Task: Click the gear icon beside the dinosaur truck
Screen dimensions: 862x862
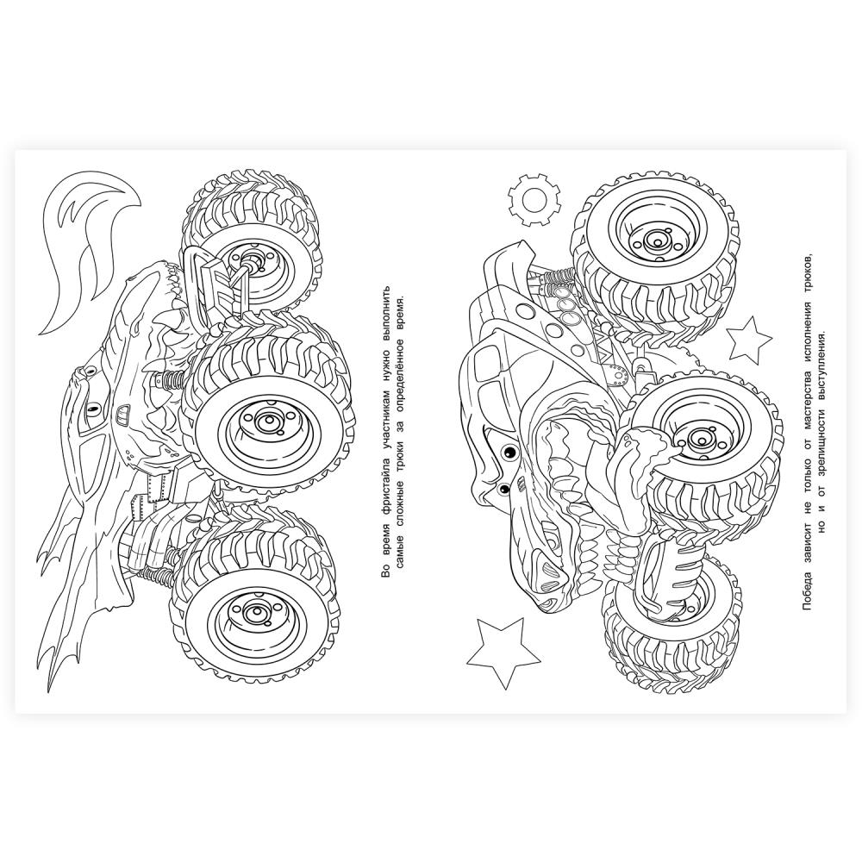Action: [x=534, y=198]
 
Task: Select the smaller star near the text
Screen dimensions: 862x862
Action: [x=749, y=337]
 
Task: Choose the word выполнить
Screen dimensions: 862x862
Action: [x=386, y=314]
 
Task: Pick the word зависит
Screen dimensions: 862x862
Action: [x=806, y=541]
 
